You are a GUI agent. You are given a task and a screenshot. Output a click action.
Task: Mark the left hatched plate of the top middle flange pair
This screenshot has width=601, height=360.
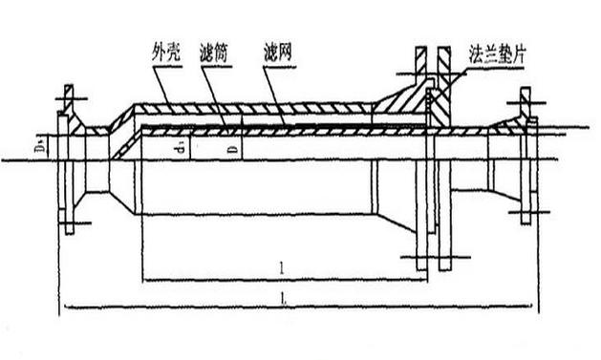click(x=421, y=66)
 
